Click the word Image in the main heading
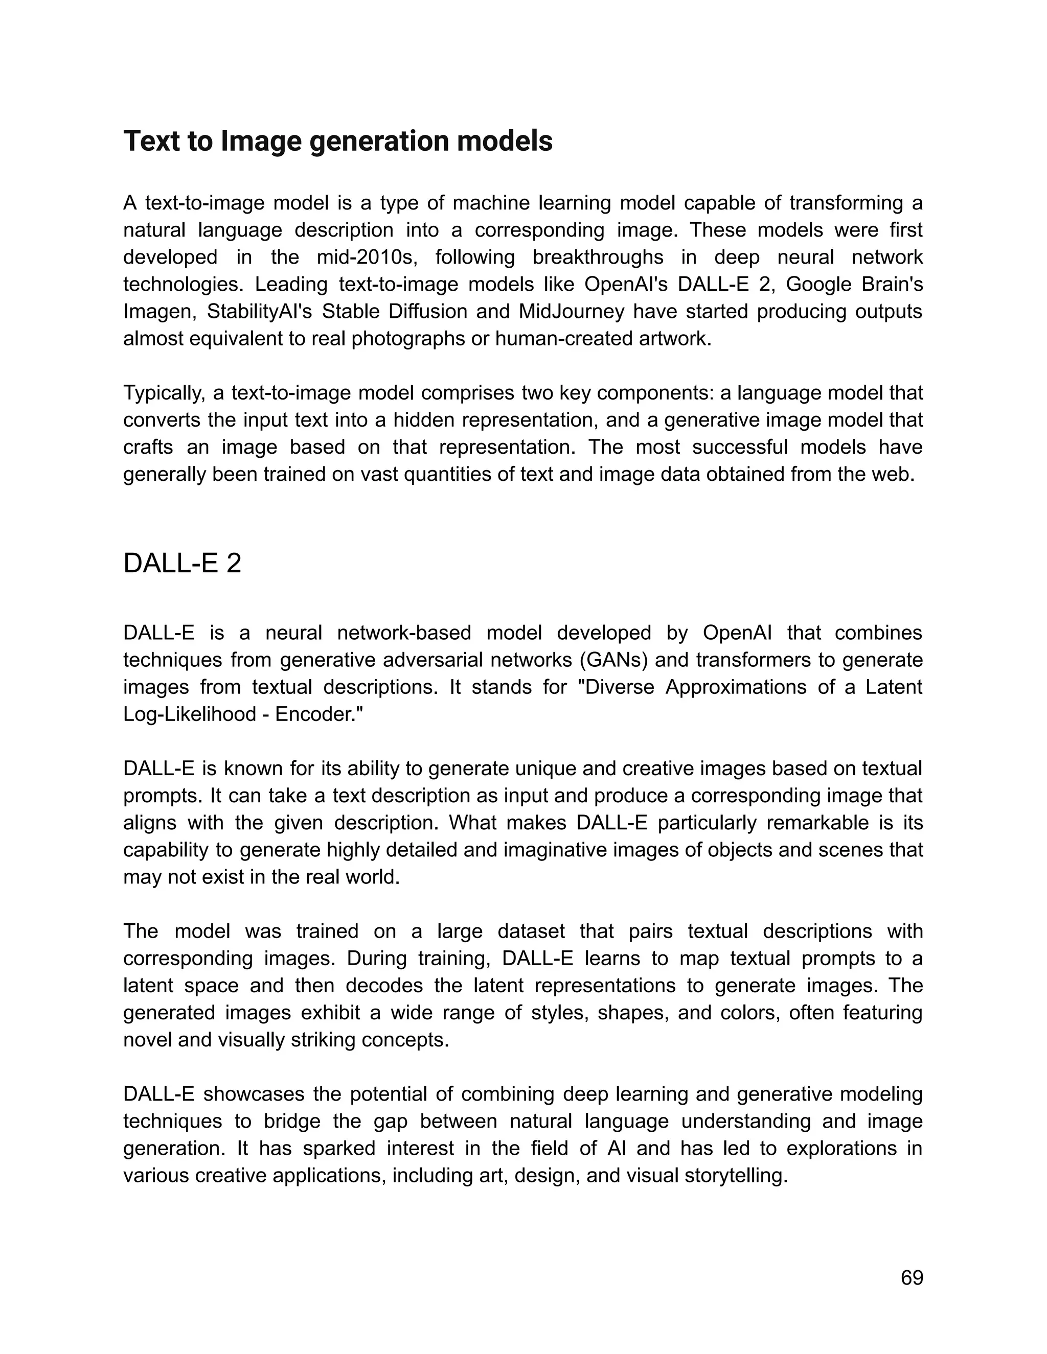coord(261,142)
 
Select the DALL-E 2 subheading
coord(181,564)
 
